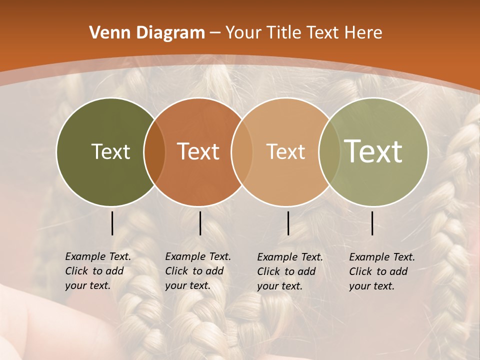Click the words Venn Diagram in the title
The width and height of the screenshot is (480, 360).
point(147,33)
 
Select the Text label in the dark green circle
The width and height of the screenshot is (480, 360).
point(110,151)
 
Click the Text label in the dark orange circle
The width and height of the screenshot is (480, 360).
point(198,151)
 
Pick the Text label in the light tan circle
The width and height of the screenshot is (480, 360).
point(285,151)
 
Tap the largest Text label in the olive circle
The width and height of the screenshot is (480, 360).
point(373,151)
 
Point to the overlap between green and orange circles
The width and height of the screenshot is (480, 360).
point(154,152)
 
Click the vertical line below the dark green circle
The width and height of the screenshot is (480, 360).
point(112,223)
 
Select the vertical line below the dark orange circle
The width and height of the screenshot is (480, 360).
point(200,223)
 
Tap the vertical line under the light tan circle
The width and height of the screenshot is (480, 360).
point(288,223)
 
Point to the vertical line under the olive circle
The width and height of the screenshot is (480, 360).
point(372,223)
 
